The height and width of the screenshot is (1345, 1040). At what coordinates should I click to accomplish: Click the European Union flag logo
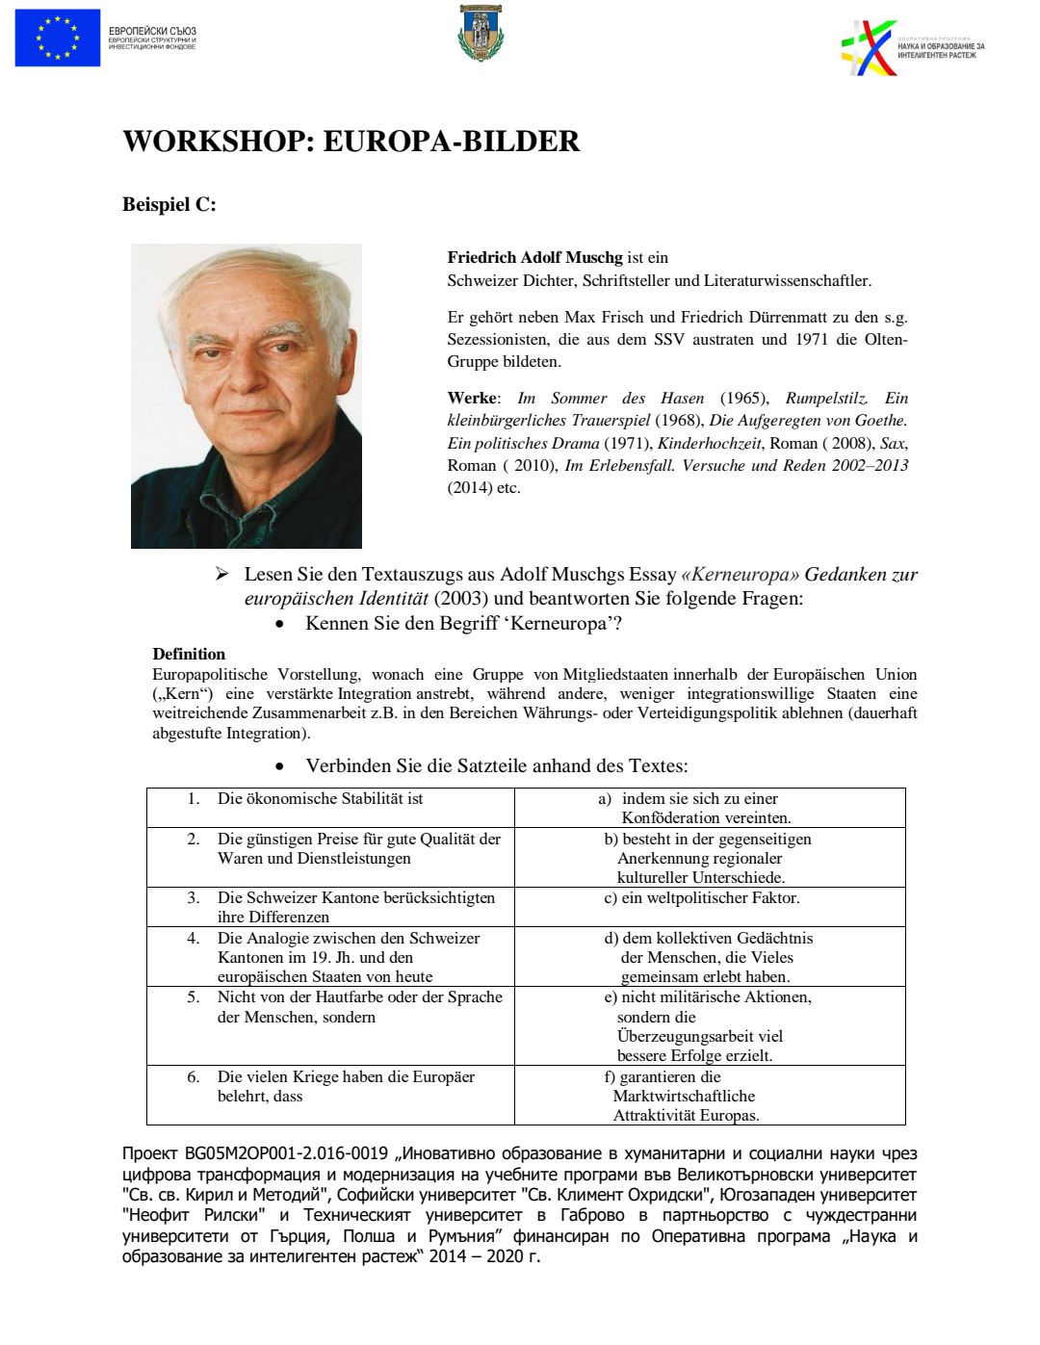58,38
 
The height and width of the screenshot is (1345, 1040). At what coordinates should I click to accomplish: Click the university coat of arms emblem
481,34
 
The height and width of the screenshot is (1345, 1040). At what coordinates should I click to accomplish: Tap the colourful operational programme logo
870,47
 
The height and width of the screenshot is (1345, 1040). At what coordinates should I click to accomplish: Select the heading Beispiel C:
169,204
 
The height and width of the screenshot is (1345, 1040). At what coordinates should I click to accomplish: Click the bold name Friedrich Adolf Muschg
534,257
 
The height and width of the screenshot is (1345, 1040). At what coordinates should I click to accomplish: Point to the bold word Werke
472,398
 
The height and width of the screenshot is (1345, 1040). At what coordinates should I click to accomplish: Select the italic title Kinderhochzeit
709,443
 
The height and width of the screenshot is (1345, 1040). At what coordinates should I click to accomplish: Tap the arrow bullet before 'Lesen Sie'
222,574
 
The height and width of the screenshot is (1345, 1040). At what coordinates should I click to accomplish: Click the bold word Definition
189,654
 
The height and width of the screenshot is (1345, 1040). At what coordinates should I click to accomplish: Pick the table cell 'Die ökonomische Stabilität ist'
320,799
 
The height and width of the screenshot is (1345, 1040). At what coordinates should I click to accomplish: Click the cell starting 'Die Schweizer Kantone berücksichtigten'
355,907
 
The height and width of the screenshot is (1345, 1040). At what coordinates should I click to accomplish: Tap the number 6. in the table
194,1076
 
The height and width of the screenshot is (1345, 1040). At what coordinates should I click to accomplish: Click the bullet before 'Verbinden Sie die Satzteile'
279,766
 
